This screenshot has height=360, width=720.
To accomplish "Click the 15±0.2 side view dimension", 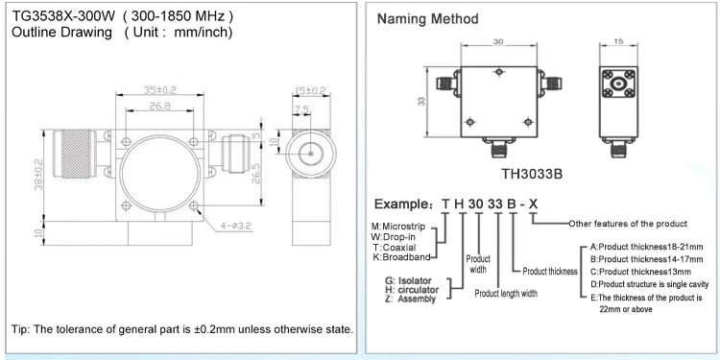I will pyautogui.click(x=310, y=90).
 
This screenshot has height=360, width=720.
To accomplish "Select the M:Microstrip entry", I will pyautogui.click(x=399, y=225).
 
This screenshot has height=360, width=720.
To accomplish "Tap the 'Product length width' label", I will pyautogui.click(x=518, y=293).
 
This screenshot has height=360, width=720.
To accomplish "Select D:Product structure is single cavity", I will pyautogui.click(x=655, y=284).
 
